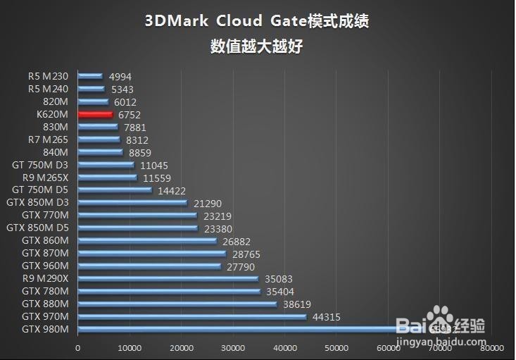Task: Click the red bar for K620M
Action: click(x=95, y=114)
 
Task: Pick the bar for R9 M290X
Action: click(x=168, y=278)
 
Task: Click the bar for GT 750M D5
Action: click(x=114, y=190)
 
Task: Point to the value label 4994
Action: click(x=120, y=77)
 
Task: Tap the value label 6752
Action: click(x=130, y=115)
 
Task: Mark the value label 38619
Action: click(x=296, y=304)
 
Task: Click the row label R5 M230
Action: click(x=49, y=76)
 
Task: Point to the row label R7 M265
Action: click(x=49, y=139)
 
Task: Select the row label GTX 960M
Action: click(x=45, y=266)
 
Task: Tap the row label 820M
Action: click(x=56, y=101)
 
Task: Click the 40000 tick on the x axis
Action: click(x=285, y=347)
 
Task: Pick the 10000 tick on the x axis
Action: click(x=130, y=347)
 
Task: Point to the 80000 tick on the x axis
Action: click(x=492, y=347)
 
